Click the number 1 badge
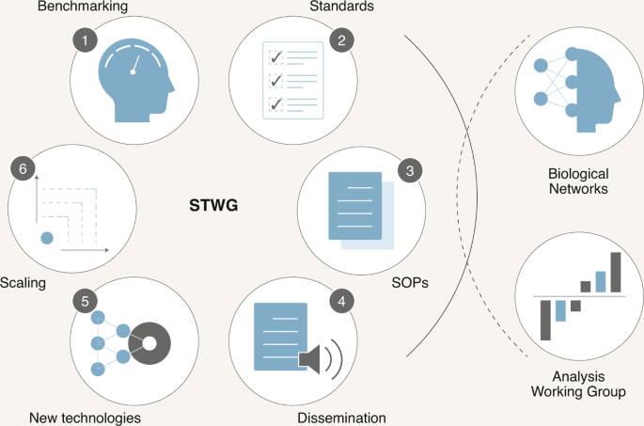[87, 40]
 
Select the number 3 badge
[408, 171]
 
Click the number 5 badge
[86, 302]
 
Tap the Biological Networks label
[578, 181]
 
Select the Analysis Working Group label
[578, 384]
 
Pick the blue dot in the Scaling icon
[46, 238]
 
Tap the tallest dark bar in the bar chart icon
[616, 272]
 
